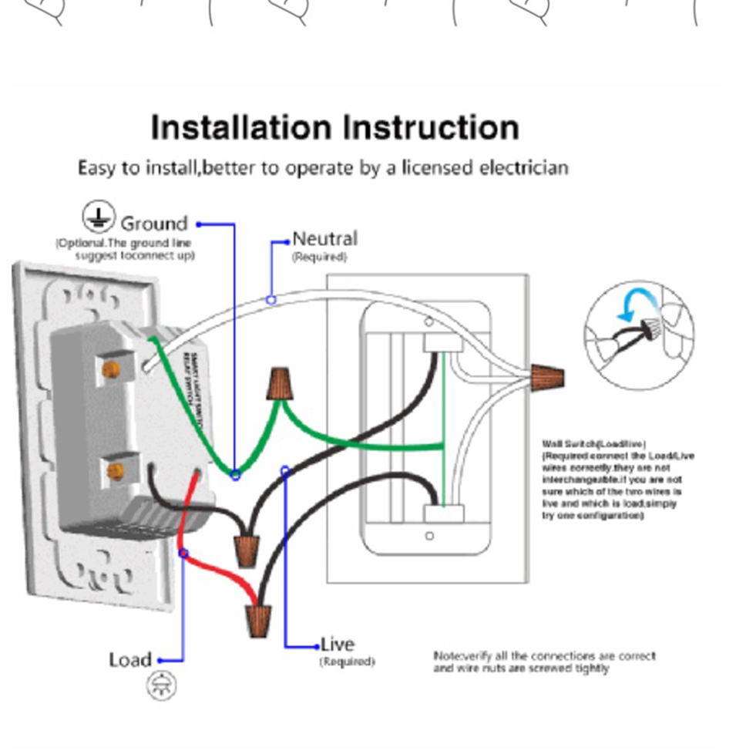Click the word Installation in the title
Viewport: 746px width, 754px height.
tap(241, 127)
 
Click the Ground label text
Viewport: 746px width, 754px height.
tap(154, 224)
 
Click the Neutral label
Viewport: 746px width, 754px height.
tap(324, 239)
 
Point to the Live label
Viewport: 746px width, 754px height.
tap(338, 645)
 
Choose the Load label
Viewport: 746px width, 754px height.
tap(130, 660)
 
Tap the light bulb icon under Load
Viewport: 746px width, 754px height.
tap(162, 685)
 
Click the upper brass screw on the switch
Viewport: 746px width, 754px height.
tap(111, 369)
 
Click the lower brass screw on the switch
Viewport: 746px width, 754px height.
tap(116, 471)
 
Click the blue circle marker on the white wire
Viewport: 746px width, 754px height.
tap(271, 299)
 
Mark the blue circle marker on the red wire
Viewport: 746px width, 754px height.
tap(183, 554)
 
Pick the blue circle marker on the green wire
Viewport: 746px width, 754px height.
tap(236, 475)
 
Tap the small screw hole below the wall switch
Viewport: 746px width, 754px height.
tap(429, 536)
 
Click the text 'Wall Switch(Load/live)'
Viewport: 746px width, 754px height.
tap(593, 444)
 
